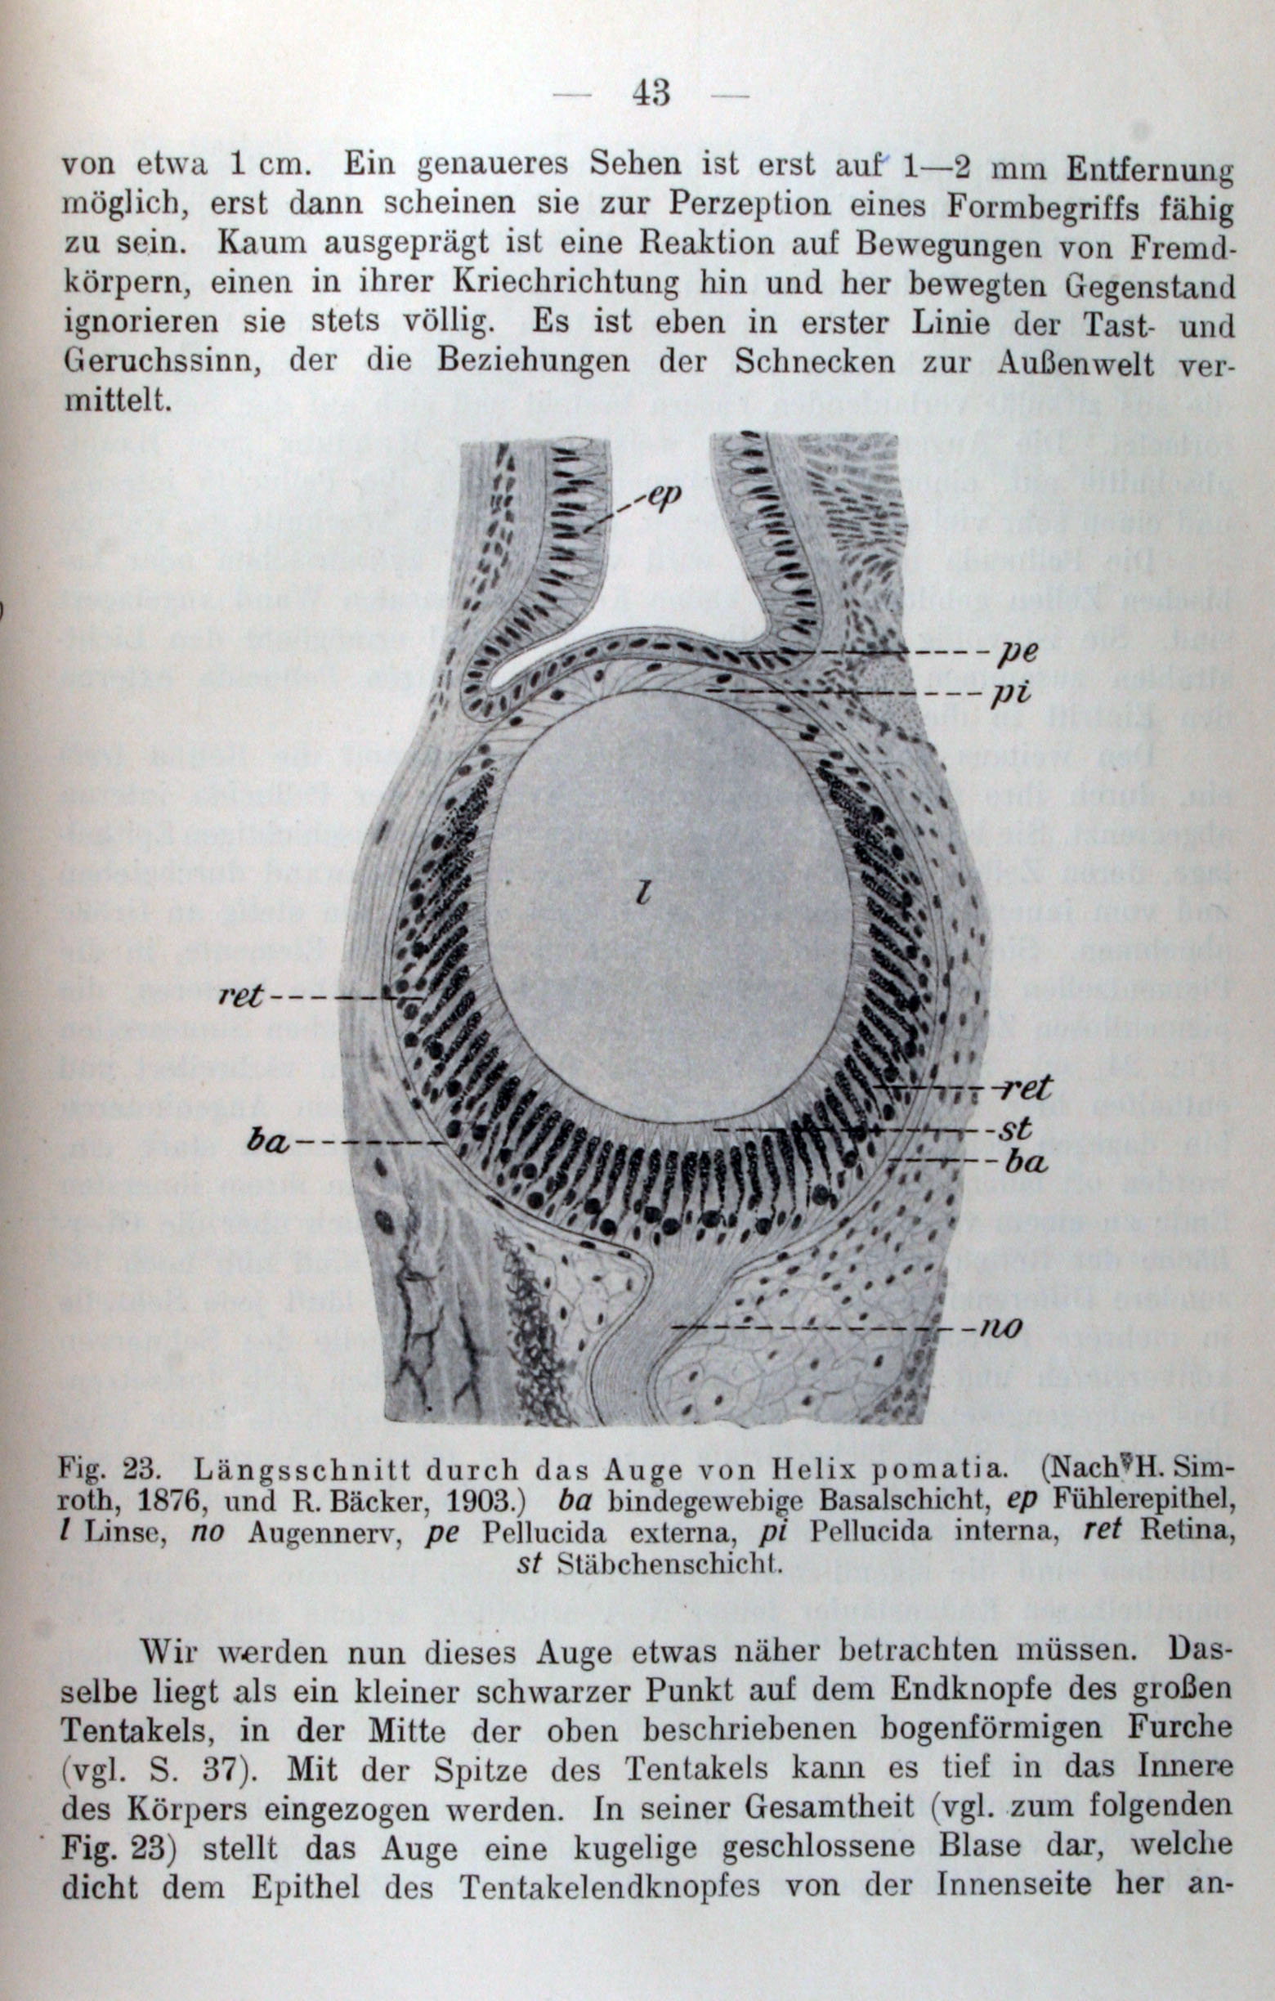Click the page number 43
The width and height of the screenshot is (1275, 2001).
pos(651,92)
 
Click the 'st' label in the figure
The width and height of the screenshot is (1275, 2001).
pos(1017,1129)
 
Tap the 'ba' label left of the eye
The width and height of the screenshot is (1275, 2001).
pos(267,1143)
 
